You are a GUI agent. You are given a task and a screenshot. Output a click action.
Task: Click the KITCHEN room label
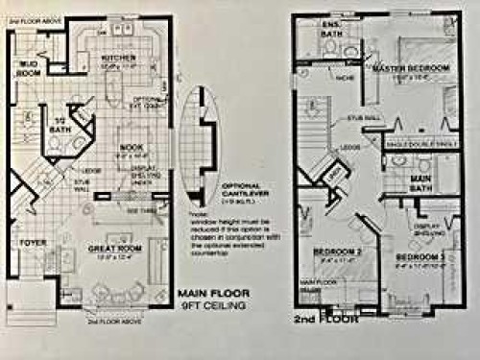pos(118,58)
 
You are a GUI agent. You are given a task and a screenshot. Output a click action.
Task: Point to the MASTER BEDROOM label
pos(412,69)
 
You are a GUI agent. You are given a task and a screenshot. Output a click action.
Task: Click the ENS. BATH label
pos(332,29)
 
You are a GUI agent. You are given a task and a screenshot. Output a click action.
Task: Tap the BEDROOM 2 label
pos(335,252)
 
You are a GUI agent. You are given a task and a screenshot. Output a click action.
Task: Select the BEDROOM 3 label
pos(419,257)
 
